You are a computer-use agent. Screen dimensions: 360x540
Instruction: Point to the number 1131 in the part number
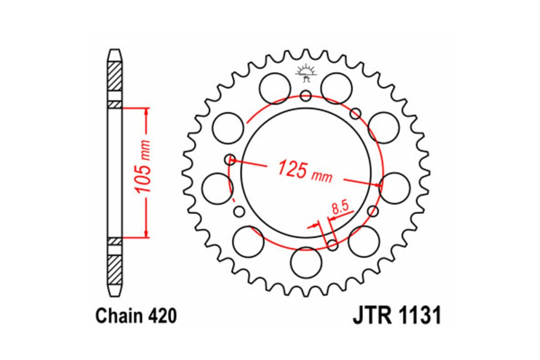(x=418, y=316)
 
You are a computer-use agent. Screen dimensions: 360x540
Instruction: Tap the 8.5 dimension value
(x=340, y=208)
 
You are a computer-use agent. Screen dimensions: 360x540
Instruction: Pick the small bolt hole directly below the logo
(x=306, y=95)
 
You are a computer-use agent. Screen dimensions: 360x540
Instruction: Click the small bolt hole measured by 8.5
(x=333, y=245)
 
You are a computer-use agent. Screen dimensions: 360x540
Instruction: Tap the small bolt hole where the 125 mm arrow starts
(x=230, y=159)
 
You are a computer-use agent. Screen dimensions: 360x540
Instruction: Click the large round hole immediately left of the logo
(x=275, y=87)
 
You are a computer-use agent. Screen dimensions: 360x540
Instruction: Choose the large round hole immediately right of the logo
(x=336, y=87)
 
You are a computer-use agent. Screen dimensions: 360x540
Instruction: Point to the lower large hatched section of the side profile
(x=115, y=268)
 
